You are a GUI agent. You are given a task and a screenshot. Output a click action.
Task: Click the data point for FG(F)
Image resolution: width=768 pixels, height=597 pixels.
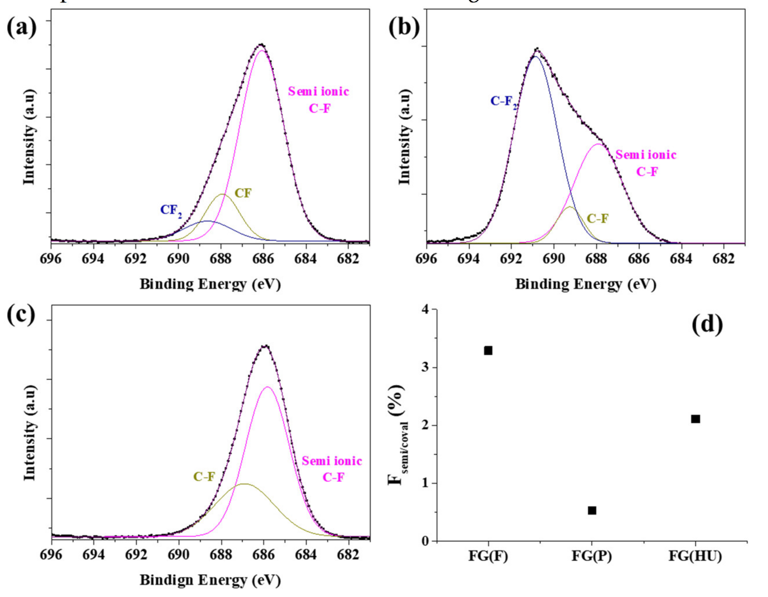488,350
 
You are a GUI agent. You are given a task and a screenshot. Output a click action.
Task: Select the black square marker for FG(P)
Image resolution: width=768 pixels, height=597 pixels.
592,510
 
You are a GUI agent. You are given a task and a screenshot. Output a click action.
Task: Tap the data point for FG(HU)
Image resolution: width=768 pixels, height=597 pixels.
695,419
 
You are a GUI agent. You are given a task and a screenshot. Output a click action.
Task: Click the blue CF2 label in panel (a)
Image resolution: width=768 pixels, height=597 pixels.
171,211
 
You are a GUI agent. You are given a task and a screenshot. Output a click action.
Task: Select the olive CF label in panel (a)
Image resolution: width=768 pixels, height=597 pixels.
243,193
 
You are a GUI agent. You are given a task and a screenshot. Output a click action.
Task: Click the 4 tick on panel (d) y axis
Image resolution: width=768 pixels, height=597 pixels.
426,310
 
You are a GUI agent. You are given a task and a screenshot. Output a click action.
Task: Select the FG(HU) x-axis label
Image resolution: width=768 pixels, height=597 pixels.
695,556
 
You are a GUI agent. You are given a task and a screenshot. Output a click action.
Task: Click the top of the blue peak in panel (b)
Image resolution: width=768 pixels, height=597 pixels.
536,56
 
